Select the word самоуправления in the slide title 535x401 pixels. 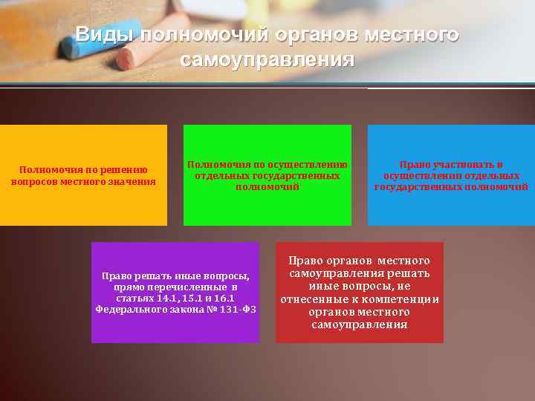point(267,59)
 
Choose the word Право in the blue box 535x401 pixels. point(413,164)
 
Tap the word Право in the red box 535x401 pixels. point(305,261)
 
